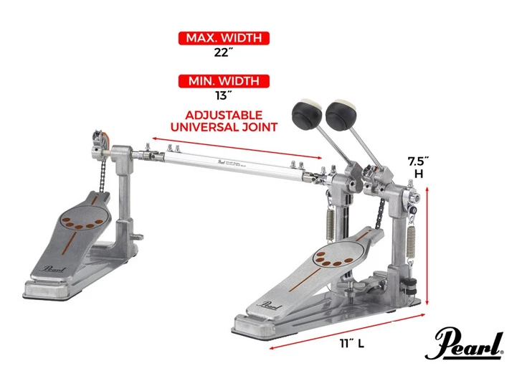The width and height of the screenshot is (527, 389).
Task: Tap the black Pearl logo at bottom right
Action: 464,345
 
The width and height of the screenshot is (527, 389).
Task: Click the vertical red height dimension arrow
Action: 428,244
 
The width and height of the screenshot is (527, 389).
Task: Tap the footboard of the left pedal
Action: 76,230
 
